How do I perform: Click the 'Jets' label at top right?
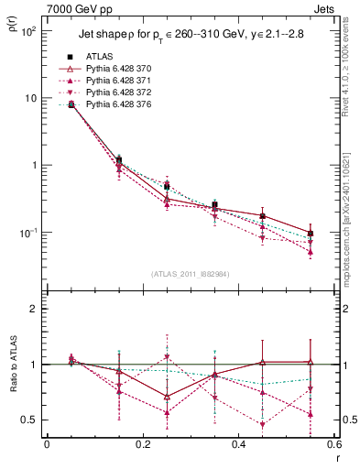coord(324,9)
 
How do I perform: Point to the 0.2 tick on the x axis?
coord(142,444)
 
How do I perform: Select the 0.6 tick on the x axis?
coord(333,444)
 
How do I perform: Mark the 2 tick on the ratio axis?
coord(33,309)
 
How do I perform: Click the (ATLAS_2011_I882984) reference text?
coord(191,274)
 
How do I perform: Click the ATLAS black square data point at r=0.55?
coord(311,234)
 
